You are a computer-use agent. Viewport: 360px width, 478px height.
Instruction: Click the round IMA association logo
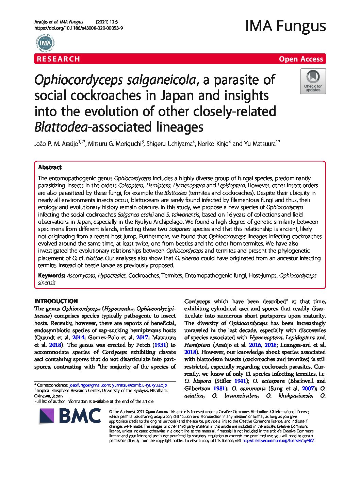point(45,43)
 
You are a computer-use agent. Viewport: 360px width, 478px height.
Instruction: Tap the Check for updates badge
point(313,81)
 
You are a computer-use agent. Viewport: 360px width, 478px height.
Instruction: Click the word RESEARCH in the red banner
point(59,59)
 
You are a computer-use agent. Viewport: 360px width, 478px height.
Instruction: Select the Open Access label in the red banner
point(301,59)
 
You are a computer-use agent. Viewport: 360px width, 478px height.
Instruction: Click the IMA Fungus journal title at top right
point(285,26)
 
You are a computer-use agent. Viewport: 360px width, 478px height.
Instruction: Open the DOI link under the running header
point(79,28)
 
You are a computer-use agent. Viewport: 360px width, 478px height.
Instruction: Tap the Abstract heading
point(50,167)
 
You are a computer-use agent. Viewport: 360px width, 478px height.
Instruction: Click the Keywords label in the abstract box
point(51,275)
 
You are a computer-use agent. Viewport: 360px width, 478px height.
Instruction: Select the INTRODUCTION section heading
point(56,301)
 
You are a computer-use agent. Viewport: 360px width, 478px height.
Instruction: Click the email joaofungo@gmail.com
point(89,385)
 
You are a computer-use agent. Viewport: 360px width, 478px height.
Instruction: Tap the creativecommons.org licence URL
point(278,441)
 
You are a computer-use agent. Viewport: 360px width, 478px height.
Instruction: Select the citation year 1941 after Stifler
point(240,381)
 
